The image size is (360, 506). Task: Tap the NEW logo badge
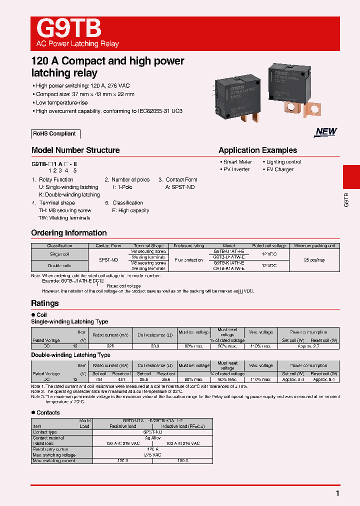(326, 131)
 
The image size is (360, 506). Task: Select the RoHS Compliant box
(55, 134)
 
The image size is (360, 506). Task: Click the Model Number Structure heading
(75, 150)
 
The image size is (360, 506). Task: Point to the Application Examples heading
(257, 150)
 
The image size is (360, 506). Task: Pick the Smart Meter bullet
(237, 162)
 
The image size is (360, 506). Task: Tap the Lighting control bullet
(283, 162)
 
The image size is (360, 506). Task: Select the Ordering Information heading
(69, 233)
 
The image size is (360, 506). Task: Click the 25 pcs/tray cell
(314, 260)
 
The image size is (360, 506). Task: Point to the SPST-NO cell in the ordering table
(108, 260)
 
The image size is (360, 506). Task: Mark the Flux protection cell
(188, 260)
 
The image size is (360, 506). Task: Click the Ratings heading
(45, 303)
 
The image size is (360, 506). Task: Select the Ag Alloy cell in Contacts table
(152, 437)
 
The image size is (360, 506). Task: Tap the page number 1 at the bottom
(338, 493)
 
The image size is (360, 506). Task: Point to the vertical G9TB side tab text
(346, 198)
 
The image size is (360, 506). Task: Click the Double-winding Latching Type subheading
(70, 355)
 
